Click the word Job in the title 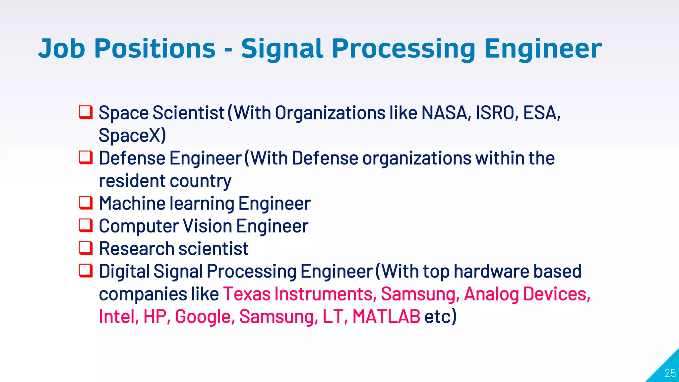tap(62, 49)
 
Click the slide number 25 tap(670, 373)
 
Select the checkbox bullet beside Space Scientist tap(86, 112)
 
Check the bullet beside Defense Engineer tap(86, 158)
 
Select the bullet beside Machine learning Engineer tap(86, 203)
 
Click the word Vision tap(208, 226)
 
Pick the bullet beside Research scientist tap(86, 248)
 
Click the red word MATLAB tap(386, 317)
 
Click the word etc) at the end tap(440, 317)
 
